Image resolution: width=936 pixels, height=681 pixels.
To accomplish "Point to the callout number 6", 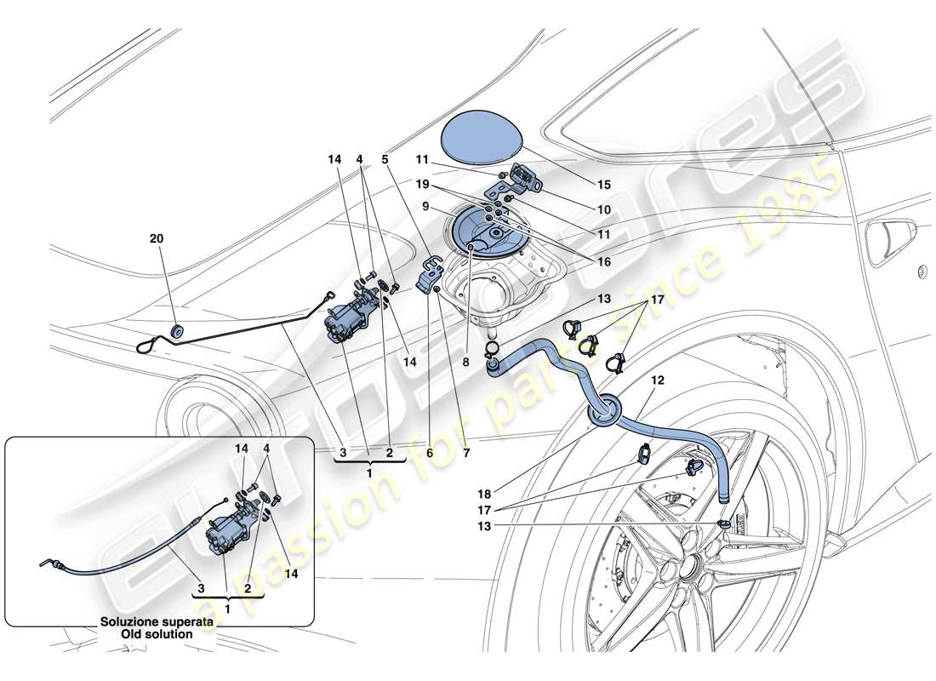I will click(430, 454).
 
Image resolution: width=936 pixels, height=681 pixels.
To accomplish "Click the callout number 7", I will click(465, 454).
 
